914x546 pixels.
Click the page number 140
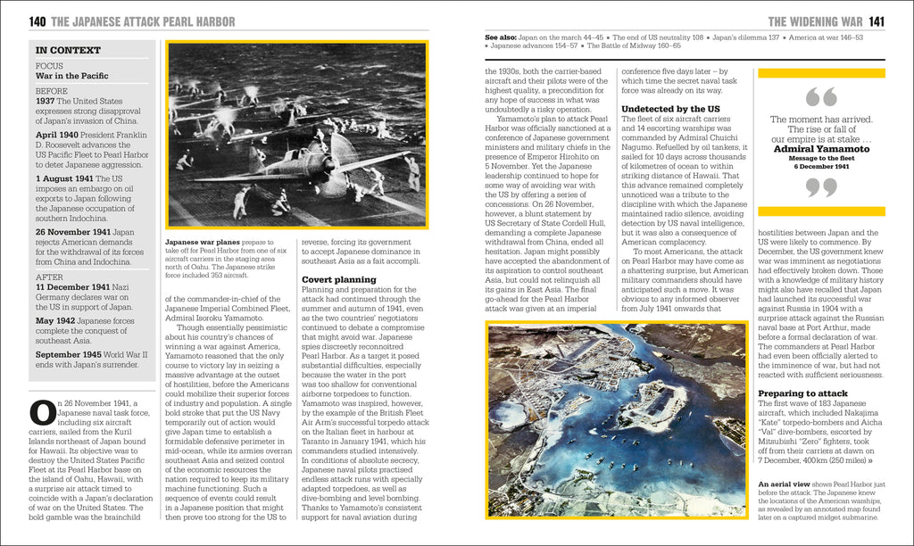[x=37, y=21]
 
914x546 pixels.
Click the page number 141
[x=877, y=21]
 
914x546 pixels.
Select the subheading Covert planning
[x=338, y=279]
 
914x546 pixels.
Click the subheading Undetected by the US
[x=670, y=109]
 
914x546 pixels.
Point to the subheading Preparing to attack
[x=802, y=393]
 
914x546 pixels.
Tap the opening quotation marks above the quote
[x=820, y=96]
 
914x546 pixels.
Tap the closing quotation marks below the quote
[x=820, y=187]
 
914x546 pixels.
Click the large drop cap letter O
[x=44, y=413]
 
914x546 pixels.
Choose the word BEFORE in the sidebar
[x=52, y=91]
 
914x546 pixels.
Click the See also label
[x=500, y=37]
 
